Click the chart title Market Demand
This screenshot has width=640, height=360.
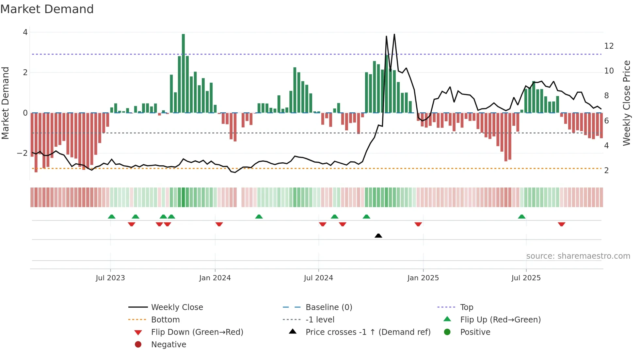coord(47,9)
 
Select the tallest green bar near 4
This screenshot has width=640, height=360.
coord(183,73)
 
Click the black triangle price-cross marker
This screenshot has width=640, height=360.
coord(378,236)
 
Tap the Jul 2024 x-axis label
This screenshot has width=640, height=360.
coord(318,278)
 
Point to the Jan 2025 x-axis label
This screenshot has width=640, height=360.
coord(423,278)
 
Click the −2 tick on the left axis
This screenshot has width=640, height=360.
coord(22,153)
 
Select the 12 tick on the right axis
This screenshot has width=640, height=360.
coord(609,46)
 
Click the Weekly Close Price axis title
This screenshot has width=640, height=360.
coord(626,103)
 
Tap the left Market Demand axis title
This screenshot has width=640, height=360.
coord(5,103)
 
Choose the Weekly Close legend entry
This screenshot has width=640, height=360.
coord(177,307)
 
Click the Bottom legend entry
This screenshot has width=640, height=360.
coord(165,319)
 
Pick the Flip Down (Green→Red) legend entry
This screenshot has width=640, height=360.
coord(197,332)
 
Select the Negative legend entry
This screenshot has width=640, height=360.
coord(168,344)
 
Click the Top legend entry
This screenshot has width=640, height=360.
coord(466,307)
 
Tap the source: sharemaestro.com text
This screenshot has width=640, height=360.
coord(578,256)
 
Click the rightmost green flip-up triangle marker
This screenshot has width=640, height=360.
coord(521,217)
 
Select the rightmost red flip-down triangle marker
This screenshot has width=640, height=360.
coord(561,224)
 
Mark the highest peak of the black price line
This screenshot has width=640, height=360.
coord(394,34)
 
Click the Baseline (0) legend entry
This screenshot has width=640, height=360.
coord(328,307)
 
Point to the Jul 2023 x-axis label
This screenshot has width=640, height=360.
coord(110,278)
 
